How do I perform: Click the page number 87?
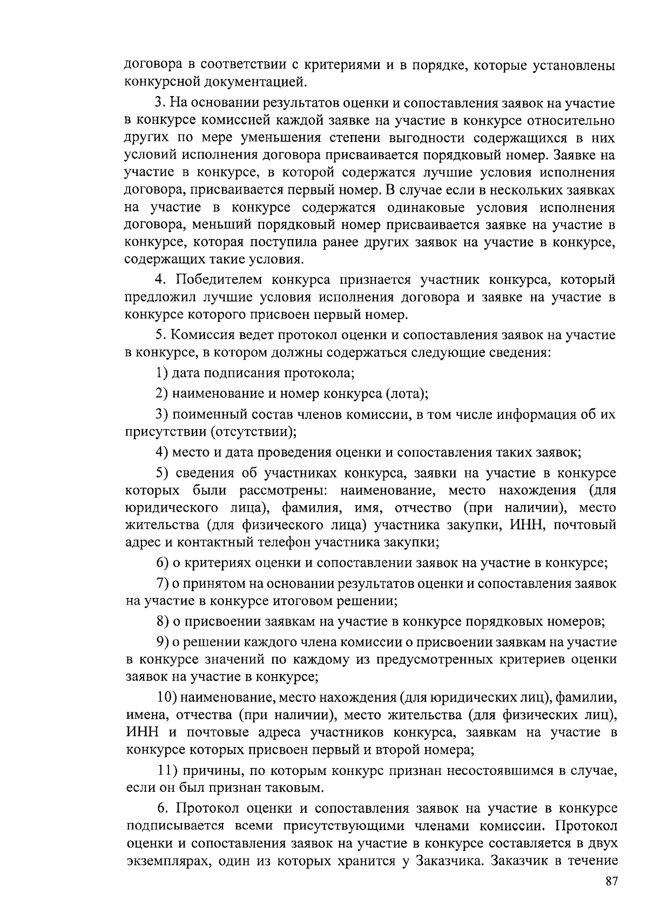tap(610, 881)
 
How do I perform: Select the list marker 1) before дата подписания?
tap(162, 372)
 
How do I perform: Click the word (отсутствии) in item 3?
tap(253, 432)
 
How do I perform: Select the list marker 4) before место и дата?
tap(163, 452)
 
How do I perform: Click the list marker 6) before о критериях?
tap(163, 563)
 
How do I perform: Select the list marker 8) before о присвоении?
tap(163, 621)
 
